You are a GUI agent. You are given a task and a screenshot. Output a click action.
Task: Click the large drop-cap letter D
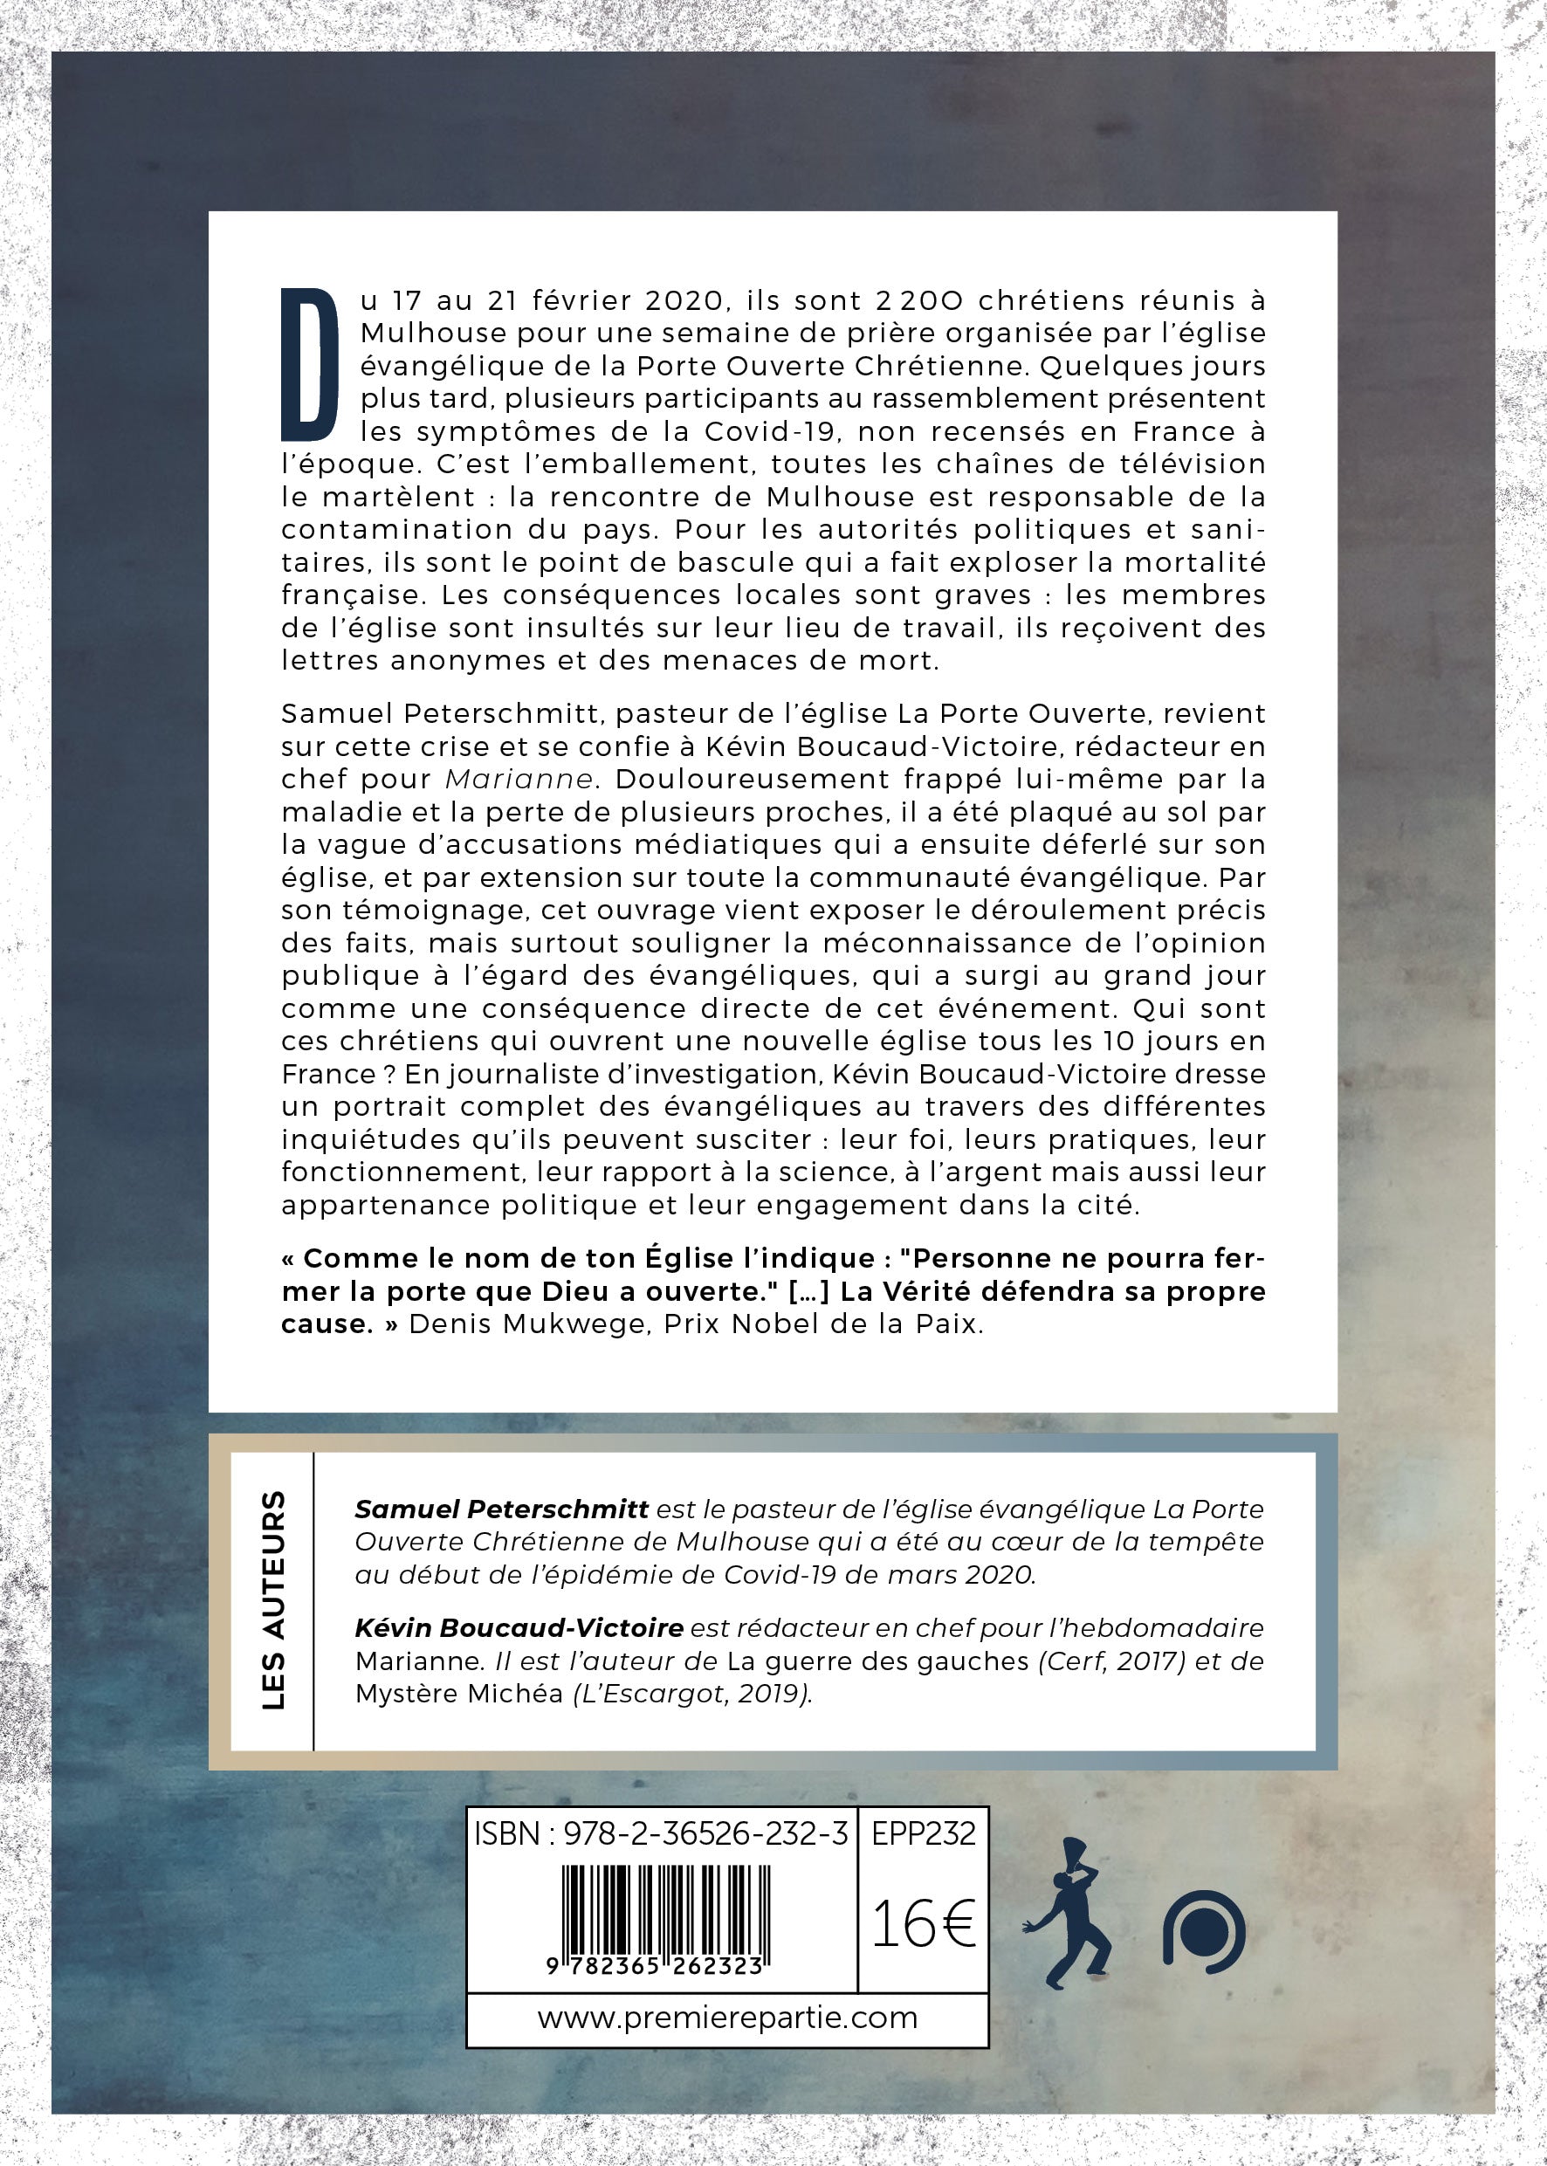[311, 365]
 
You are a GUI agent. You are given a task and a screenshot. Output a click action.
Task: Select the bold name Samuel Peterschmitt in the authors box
[502, 1509]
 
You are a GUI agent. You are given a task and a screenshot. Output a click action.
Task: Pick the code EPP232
[923, 1833]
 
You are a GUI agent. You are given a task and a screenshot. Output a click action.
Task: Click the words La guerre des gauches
[877, 1660]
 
